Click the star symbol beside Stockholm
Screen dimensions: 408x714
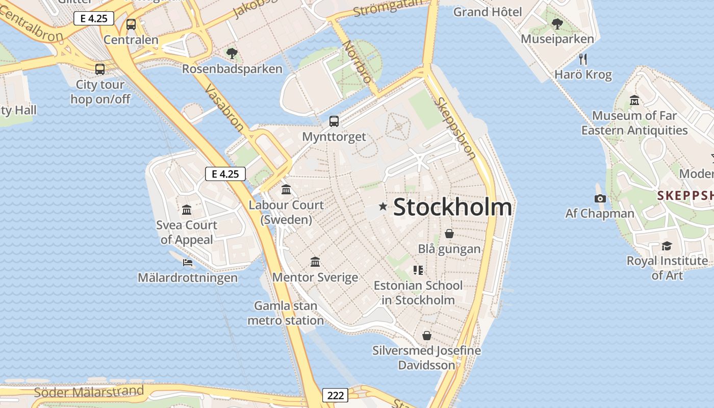[383, 207]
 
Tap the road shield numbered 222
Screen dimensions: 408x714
[335, 395]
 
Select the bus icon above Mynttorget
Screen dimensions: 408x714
[334, 121]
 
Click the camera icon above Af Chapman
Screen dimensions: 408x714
[600, 198]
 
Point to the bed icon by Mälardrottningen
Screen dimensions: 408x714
[188, 263]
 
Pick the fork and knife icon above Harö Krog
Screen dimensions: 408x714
[583, 59]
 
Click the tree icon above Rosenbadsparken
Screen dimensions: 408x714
[232, 53]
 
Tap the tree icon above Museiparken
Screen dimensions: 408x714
[557, 23]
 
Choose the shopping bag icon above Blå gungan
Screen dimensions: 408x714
[449, 234]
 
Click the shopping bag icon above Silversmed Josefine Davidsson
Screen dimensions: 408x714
[426, 336]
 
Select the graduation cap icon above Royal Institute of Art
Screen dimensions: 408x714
[667, 246]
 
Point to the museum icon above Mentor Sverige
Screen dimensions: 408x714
[315, 262]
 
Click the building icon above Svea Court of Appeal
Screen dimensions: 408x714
[187, 210]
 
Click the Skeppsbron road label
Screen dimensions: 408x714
[455, 127]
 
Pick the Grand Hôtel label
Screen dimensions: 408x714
[488, 12]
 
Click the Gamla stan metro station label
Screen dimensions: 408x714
[286, 313]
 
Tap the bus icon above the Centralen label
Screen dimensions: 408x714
[131, 24]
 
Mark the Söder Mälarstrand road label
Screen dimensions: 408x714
[89, 392]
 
